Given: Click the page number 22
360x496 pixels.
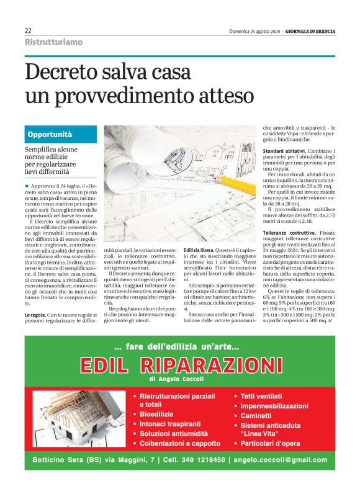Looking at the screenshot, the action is coord(28,30).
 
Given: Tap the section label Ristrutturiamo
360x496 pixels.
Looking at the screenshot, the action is coord(53,42).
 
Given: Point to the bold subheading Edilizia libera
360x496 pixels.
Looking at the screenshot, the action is coord(200,250).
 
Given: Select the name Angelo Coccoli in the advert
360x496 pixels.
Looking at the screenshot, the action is coord(190,379).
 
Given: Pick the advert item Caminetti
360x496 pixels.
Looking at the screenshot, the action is coord(256,415).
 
